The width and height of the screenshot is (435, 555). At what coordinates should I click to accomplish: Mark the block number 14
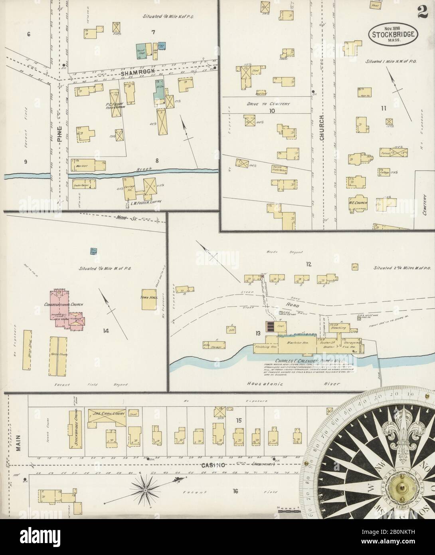pyautogui.click(x=106, y=330)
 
